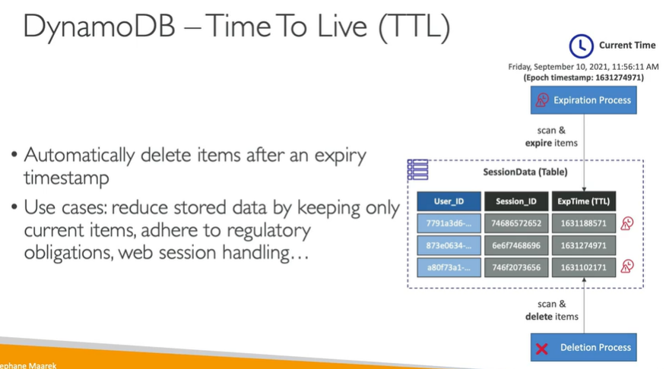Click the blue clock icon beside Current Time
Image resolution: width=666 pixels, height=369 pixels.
click(x=581, y=46)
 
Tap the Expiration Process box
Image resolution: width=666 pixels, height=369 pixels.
click(x=584, y=100)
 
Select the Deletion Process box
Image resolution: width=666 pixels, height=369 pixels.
click(x=584, y=348)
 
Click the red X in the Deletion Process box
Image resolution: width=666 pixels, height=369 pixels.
click(x=541, y=348)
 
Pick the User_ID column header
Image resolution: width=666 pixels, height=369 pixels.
click(x=449, y=201)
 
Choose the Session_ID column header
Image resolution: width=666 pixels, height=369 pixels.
click(x=516, y=201)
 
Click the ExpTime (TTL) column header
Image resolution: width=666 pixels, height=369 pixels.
click(x=584, y=201)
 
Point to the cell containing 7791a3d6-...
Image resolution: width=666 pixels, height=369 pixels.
click(x=449, y=223)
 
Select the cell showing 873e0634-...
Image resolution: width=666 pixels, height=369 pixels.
click(x=449, y=245)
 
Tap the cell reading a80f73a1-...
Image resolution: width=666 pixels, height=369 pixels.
click(x=449, y=267)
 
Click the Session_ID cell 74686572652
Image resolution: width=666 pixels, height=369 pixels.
click(x=516, y=223)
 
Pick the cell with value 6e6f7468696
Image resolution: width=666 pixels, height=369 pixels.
click(x=516, y=245)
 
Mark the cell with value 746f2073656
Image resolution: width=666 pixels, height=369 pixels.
click(x=516, y=267)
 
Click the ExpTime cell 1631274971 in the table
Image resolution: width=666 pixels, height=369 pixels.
click(x=584, y=245)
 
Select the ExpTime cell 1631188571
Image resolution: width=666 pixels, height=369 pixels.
click(x=584, y=223)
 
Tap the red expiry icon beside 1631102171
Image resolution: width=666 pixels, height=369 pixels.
click(x=627, y=266)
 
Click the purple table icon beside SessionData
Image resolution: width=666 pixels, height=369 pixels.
click(x=418, y=169)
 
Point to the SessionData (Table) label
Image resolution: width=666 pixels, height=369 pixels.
click(x=525, y=172)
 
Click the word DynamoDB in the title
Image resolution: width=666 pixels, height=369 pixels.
click(x=99, y=27)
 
